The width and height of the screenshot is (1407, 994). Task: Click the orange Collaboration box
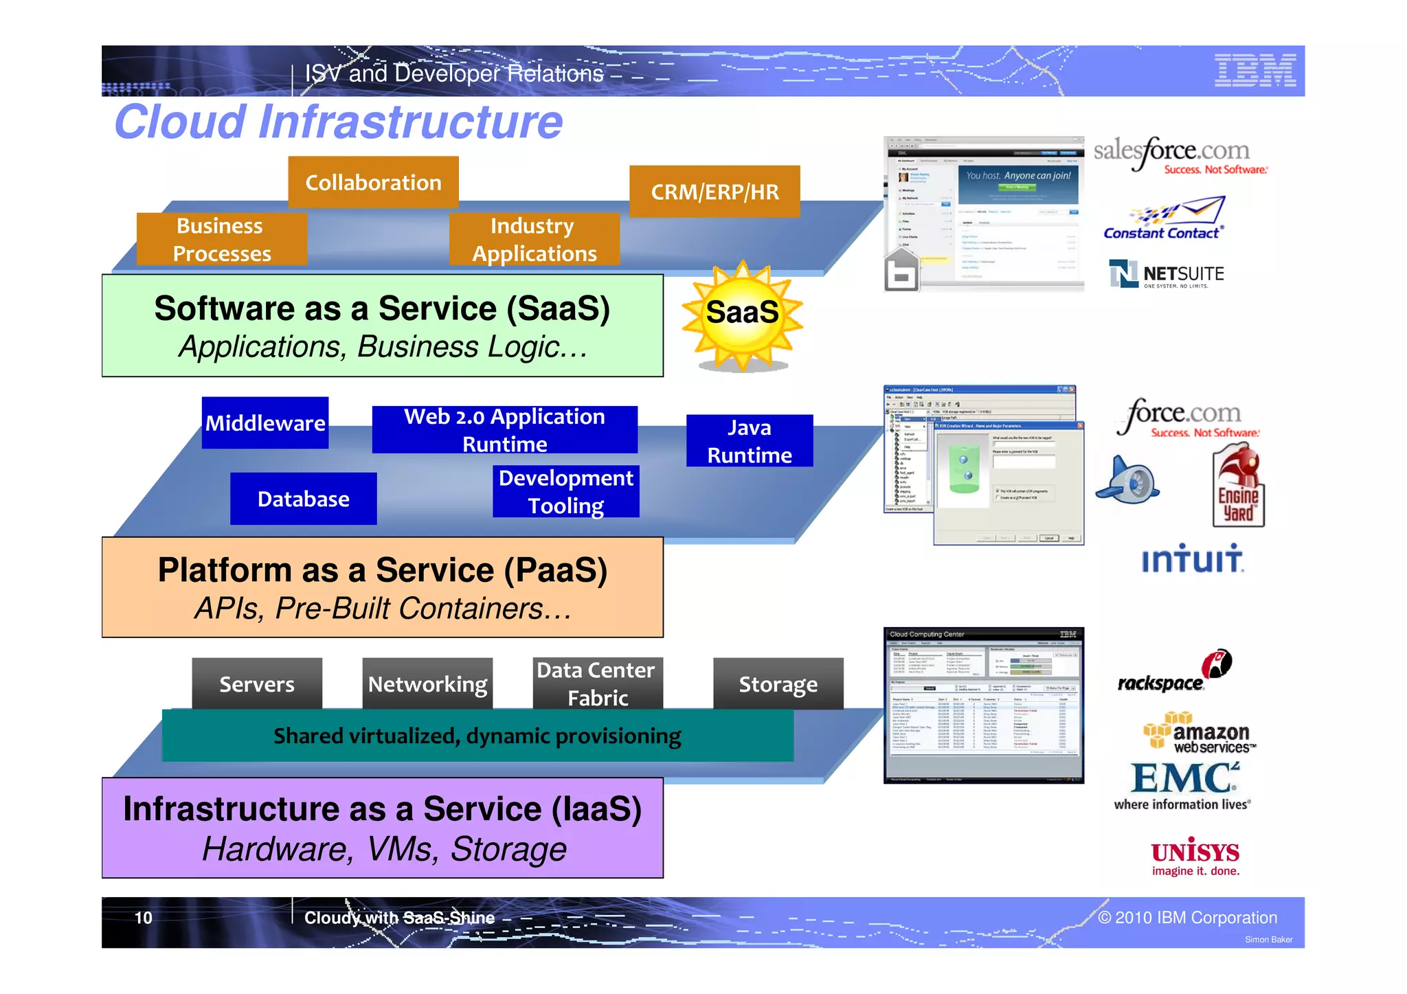click(x=373, y=182)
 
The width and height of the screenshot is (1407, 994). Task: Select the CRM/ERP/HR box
click(x=714, y=192)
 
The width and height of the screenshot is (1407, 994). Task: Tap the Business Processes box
click(x=222, y=239)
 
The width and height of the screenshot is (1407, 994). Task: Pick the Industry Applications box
click(x=534, y=239)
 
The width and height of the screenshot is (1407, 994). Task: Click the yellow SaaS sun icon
click(x=742, y=314)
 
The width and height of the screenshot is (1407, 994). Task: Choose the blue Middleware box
click(x=265, y=422)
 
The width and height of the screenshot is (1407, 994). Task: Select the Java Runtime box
click(x=750, y=441)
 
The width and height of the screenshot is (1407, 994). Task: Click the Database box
click(x=303, y=499)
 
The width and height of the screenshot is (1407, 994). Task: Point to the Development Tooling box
click(x=565, y=492)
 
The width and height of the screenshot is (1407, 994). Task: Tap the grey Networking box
click(x=427, y=684)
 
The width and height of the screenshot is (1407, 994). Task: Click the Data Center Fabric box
click(x=597, y=684)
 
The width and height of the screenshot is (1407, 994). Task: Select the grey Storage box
click(x=778, y=684)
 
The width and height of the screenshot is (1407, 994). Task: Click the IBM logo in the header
click(x=1254, y=71)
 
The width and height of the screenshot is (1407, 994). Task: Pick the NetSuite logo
click(x=1166, y=274)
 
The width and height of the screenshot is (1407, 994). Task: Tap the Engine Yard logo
click(x=1237, y=487)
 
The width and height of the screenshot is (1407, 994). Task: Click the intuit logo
click(x=1192, y=558)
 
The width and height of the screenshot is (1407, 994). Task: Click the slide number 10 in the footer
click(x=143, y=918)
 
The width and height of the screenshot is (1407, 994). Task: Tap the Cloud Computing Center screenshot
click(x=983, y=705)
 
